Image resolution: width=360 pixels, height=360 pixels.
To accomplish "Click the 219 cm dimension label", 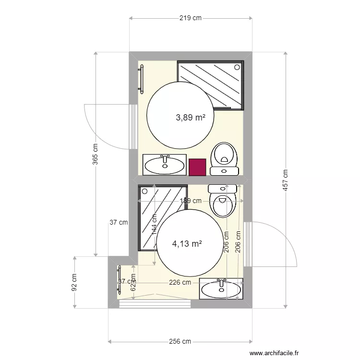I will [x=190, y=18].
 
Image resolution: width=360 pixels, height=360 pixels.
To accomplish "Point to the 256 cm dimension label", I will [x=180, y=341].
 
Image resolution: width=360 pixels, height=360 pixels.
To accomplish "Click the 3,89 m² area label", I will [x=191, y=117].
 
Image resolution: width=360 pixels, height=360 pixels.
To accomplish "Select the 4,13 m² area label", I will [x=187, y=243].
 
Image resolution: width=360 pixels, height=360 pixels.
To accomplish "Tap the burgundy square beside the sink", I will [x=197, y=167].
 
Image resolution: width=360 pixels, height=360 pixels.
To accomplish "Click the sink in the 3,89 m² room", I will [x=165, y=165].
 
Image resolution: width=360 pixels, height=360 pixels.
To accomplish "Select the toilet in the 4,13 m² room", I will [x=223, y=200].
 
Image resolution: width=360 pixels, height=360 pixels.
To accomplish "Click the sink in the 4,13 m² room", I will [x=220, y=288].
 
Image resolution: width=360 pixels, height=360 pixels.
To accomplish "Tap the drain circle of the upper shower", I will [x=237, y=67].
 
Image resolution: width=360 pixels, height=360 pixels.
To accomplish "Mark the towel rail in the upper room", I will [x=141, y=78].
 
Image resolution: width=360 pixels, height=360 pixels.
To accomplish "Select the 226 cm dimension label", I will [x=180, y=283].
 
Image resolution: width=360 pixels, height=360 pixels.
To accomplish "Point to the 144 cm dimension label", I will [x=154, y=224].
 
